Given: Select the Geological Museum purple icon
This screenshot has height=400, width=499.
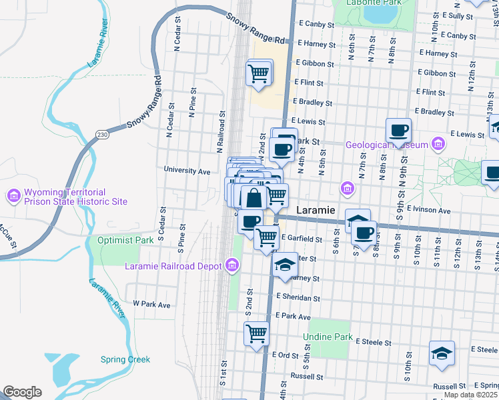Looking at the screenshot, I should click(x=438, y=144).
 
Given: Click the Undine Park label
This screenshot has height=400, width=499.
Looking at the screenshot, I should click(x=328, y=337).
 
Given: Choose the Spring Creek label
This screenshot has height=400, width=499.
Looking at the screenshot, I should click(x=125, y=359).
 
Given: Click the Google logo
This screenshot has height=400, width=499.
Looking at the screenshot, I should click(x=22, y=392).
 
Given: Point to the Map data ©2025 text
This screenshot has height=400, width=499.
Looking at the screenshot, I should click(x=470, y=395).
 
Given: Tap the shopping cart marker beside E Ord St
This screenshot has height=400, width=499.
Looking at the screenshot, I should click(x=256, y=333).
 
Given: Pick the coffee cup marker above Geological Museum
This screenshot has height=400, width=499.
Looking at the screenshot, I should click(x=398, y=129).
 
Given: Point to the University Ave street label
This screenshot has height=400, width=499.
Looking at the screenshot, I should click(x=187, y=171).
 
